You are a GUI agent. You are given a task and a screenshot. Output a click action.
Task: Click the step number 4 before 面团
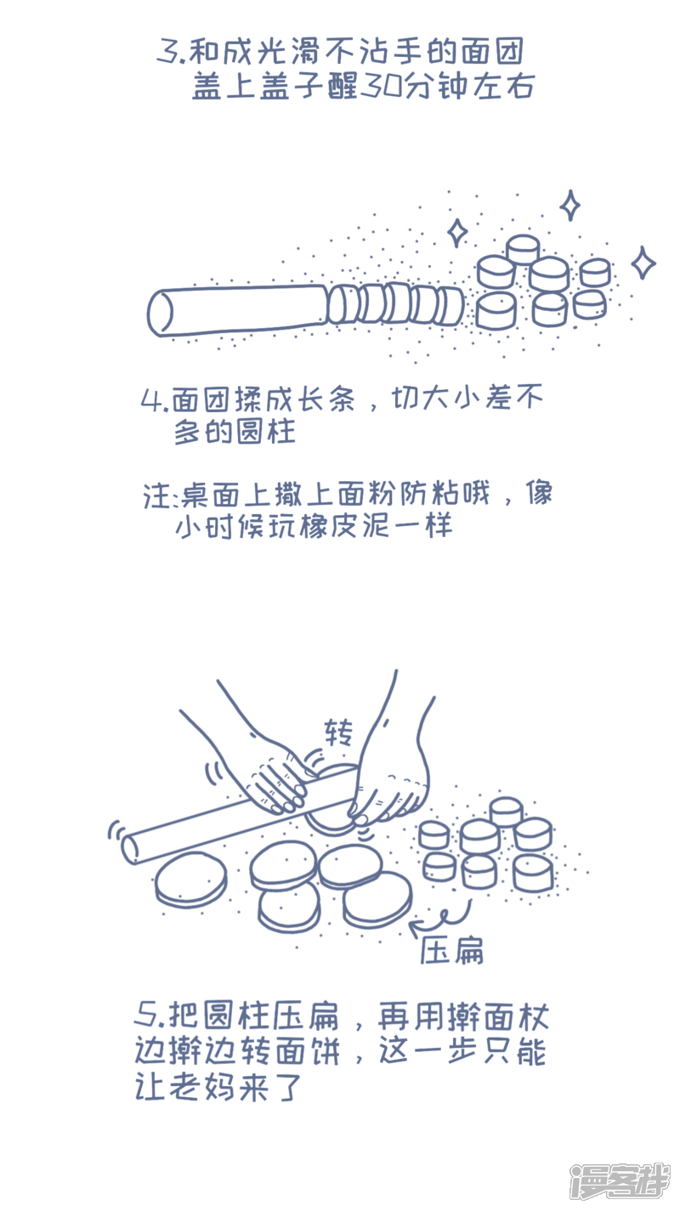[151, 400]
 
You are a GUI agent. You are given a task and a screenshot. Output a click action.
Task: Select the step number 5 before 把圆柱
[146, 1016]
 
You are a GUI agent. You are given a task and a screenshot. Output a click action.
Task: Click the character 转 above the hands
[339, 733]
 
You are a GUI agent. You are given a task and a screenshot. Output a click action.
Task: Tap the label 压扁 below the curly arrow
[452, 950]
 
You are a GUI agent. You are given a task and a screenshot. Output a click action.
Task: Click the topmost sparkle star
[569, 205]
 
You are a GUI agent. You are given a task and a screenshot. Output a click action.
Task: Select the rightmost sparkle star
[643, 263]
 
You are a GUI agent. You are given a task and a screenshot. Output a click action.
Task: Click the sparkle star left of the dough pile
[457, 233]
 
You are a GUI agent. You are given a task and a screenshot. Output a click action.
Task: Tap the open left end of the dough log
[161, 313]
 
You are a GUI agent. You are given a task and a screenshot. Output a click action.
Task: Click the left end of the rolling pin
[130, 849]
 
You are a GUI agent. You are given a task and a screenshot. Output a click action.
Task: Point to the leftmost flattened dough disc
[190, 878]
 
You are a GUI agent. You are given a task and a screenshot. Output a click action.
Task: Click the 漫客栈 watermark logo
[620, 1186]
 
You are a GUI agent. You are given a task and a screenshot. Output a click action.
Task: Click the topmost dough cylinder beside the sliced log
[523, 249]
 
